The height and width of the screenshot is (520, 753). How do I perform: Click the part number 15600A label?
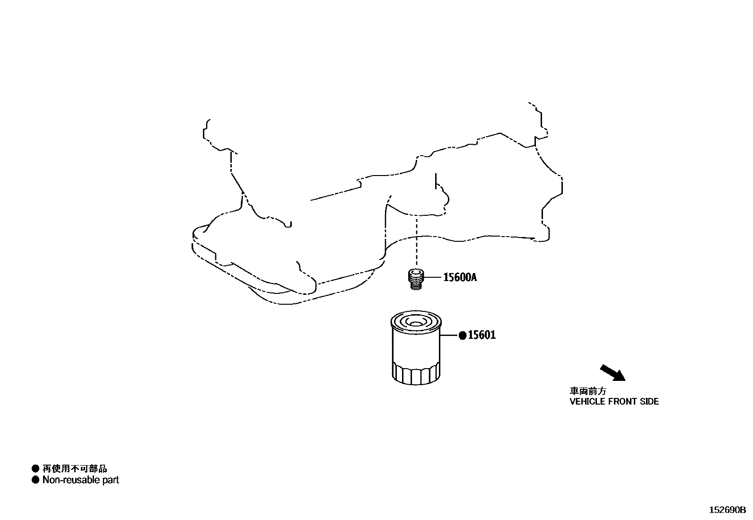point(460,277)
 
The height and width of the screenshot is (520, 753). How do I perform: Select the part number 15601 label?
point(482,335)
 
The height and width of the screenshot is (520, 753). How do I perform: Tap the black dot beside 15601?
point(463,335)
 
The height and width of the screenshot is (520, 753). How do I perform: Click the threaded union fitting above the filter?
point(416,278)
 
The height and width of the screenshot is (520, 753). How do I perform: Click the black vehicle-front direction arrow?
point(613,372)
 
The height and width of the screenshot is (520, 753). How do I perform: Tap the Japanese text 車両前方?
point(588,392)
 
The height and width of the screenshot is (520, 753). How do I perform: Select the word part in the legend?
point(109,480)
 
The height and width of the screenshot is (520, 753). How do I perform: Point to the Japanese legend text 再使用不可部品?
point(75,468)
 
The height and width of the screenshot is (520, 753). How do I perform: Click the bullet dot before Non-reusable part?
point(35,480)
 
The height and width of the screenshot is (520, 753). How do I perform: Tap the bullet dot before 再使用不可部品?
point(35,468)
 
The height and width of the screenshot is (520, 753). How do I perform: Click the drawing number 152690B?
point(727,510)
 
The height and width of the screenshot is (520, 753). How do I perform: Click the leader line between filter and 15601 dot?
point(449,335)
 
